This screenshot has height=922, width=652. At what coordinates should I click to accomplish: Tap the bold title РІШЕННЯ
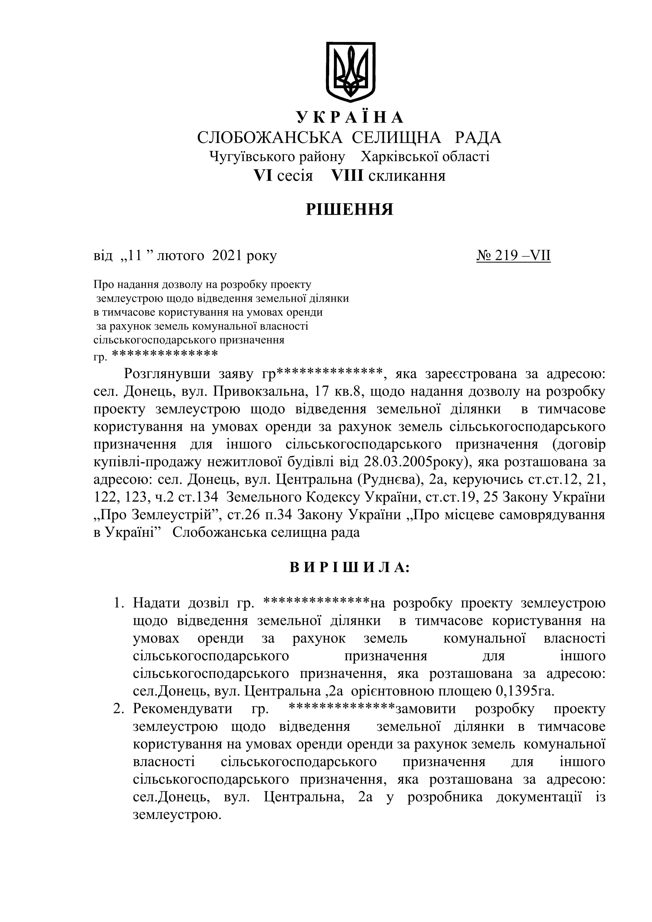[349, 209]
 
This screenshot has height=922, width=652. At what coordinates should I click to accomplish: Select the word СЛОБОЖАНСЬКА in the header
[269, 138]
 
